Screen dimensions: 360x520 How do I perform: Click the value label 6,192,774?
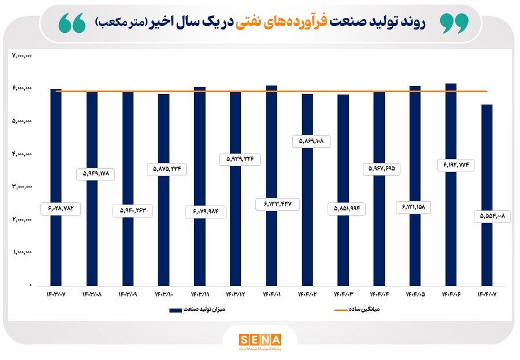pos(451,166)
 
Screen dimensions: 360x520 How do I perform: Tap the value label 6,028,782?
pos(61,209)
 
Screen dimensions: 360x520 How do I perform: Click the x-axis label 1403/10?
pos(164,294)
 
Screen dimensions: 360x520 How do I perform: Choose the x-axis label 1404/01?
pos(271,294)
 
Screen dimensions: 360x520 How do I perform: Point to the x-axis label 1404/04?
pos(379,294)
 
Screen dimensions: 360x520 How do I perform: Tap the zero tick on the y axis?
pos(30,285)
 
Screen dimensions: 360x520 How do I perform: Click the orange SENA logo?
pos(260,339)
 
